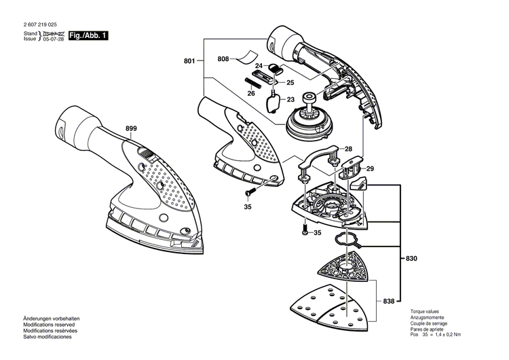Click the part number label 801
(189, 61)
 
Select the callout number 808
(223, 60)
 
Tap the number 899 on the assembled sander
(131, 128)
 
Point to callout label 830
(411, 258)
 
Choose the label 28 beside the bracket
(347, 149)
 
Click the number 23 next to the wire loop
(291, 99)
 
